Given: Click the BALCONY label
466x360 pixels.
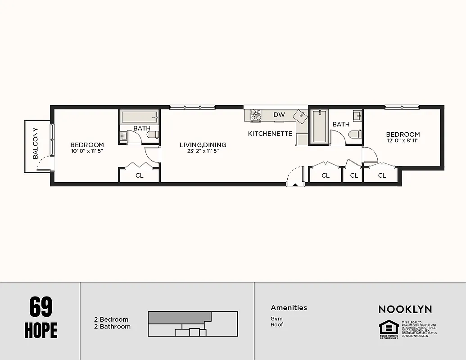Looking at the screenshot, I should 36,144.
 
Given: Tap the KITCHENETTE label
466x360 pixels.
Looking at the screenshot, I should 270,134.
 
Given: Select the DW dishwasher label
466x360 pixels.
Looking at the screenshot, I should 279,115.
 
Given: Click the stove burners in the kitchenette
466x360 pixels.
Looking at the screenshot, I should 256,115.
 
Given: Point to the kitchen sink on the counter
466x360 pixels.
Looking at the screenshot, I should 300,115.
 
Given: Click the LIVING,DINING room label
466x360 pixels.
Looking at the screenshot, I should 203,145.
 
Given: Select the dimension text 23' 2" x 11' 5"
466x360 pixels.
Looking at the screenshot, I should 203,151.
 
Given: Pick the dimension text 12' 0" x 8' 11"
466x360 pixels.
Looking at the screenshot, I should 403,141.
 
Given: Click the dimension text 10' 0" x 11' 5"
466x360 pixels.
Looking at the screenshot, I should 87,151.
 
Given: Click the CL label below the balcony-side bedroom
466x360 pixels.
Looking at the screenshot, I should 140,175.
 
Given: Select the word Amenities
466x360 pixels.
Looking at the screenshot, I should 289,308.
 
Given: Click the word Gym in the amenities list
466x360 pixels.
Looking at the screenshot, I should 276,319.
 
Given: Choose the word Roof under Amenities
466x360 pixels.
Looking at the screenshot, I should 277,324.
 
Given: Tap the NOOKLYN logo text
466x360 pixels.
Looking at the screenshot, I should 405,309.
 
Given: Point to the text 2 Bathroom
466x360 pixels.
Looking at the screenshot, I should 112,326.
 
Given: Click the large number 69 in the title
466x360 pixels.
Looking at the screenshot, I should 41,307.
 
